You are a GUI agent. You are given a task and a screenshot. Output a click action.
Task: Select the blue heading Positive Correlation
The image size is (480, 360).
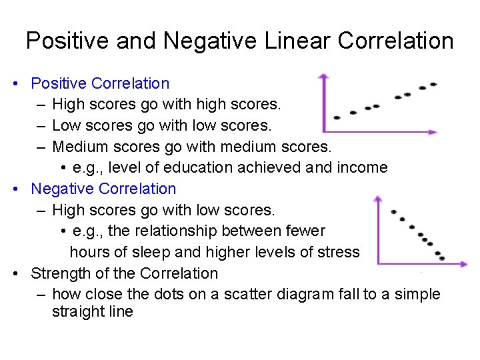coord(100,83)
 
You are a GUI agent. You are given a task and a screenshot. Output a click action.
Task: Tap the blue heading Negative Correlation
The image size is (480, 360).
coord(103,189)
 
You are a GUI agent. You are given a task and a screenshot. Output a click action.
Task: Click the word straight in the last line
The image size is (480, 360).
coord(77,311)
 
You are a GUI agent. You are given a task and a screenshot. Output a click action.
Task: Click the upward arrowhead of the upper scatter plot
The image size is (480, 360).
coord(323,77)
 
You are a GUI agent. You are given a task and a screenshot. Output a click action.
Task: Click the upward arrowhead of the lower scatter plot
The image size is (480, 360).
coord(378,199)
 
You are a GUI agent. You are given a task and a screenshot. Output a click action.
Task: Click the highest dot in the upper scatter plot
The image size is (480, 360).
coord(433,85)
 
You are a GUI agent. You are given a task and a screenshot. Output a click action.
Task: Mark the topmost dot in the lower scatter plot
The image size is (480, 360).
coord(393,212)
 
